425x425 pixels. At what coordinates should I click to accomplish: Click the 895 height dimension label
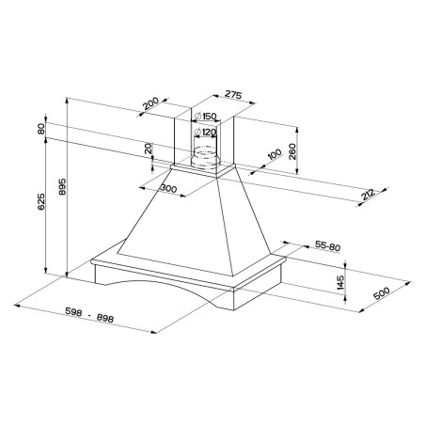[x=62, y=187]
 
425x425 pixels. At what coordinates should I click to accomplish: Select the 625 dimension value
[x=41, y=202]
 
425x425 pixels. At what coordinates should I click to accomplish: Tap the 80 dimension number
[x=41, y=129]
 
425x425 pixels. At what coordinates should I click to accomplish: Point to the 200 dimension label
[x=150, y=103]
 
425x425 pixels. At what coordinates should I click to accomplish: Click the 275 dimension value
[x=233, y=95]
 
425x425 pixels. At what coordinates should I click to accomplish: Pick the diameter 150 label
[x=205, y=117]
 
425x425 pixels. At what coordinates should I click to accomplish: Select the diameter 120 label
[x=205, y=133]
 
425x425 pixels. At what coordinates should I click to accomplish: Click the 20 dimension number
[x=149, y=149]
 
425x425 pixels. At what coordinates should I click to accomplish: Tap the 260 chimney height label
[x=292, y=151]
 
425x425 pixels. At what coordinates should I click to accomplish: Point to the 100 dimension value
[x=275, y=155]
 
